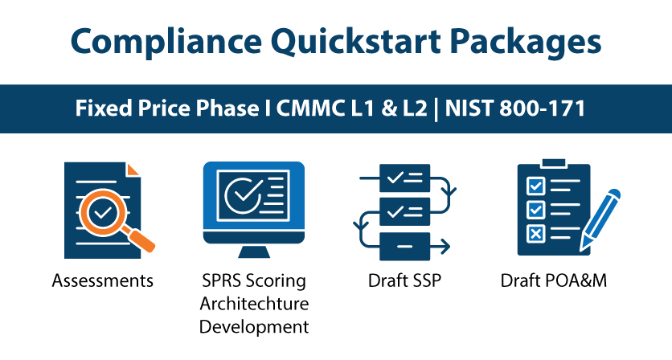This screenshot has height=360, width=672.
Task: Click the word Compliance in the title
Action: tap(166, 43)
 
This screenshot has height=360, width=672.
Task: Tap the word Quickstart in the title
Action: tap(356, 42)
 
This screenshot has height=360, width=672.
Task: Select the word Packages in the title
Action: tap(526, 43)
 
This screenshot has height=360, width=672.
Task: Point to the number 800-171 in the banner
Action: tap(542, 108)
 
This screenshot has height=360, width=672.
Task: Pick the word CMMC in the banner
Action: tap(310, 108)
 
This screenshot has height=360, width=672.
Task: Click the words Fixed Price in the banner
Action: tap(133, 108)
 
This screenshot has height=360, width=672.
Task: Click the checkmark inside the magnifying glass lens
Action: tap(103, 212)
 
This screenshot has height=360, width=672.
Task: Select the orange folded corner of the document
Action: tap(133, 169)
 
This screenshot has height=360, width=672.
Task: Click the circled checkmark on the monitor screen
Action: tap(244, 195)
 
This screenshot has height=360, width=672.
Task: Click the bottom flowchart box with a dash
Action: tap(404, 247)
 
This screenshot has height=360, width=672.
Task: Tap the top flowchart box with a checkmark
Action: tap(404, 178)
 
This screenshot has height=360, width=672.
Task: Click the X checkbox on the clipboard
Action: tap(536, 234)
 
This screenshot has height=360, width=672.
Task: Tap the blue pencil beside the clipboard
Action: tap(599, 220)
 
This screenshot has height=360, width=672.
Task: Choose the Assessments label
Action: tap(102, 281)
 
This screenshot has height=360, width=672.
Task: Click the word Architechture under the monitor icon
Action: tap(254, 304)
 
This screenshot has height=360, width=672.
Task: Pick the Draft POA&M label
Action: tap(554, 281)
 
